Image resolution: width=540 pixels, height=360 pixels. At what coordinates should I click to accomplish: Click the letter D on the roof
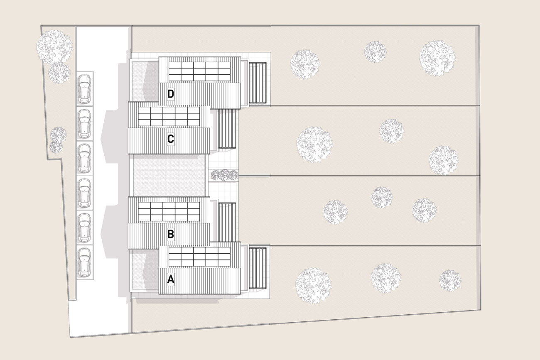170,94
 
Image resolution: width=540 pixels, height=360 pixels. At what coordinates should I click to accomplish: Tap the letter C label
170,139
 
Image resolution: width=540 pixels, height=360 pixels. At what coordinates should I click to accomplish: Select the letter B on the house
170,234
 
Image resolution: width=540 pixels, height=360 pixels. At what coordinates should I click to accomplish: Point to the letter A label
171,279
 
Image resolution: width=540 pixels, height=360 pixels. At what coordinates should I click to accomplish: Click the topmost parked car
85,88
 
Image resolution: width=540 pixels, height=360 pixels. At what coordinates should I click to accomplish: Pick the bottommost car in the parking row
85,262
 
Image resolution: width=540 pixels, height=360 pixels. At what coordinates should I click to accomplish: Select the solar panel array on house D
200,71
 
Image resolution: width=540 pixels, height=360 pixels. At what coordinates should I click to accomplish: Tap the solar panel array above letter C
169,117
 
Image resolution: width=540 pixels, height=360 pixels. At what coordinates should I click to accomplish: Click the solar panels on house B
169,212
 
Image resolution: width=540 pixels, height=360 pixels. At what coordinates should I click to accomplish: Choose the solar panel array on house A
200,257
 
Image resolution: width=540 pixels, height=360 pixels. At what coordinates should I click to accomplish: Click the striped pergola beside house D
258,83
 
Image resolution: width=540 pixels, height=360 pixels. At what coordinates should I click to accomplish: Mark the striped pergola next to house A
258,268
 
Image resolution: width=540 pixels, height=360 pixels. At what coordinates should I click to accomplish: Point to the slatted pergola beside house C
227,129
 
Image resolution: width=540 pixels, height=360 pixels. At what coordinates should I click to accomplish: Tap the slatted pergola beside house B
227,222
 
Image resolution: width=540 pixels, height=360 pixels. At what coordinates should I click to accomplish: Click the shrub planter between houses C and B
224,175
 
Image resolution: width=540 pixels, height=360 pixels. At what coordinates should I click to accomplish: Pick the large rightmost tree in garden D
437,58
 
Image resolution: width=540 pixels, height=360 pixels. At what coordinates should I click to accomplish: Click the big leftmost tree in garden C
314,144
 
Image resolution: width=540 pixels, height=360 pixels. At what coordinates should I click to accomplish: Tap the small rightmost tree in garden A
450,280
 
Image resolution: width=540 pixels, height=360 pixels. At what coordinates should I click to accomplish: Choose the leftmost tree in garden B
335,212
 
